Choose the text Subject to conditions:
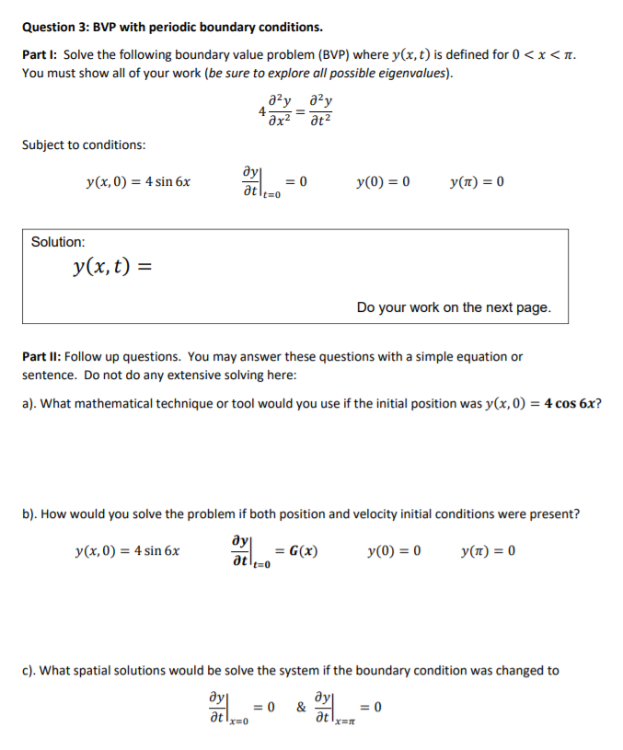(84, 145)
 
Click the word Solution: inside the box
(58, 242)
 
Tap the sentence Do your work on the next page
(454, 307)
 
